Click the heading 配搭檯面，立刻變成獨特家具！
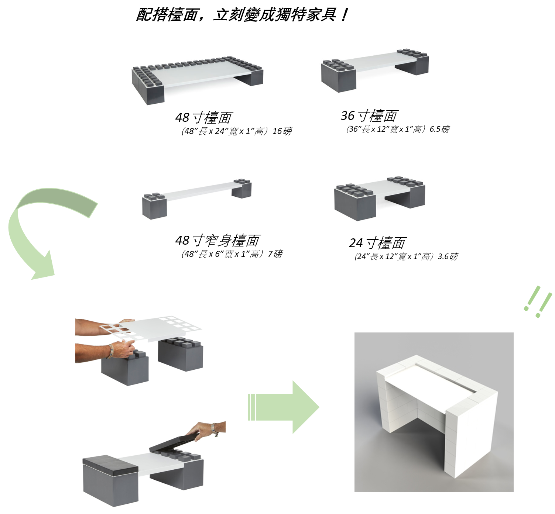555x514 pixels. [242, 15]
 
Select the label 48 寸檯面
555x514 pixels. [203, 117]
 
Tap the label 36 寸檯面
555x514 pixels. [369, 115]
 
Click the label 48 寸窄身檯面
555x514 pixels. [218, 240]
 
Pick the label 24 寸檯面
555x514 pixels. [377, 243]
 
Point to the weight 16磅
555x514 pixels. [282, 131]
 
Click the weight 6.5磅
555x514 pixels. [440, 129]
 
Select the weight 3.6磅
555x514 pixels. [448, 256]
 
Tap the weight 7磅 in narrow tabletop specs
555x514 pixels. [275, 254]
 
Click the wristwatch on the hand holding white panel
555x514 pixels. [110, 351]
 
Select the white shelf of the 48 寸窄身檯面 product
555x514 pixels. [199, 190]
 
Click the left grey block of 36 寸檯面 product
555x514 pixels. [338, 76]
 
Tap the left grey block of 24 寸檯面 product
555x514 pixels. [354, 205]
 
